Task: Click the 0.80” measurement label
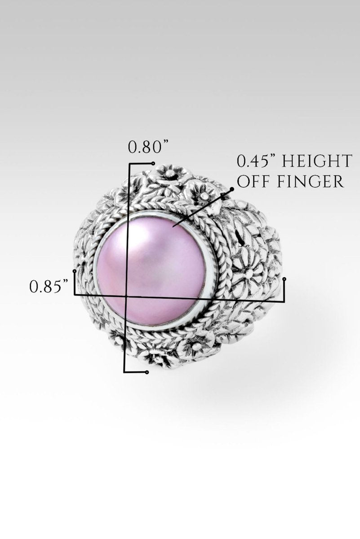148,147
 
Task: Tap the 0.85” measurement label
49,286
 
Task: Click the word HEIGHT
317,161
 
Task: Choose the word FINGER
314,181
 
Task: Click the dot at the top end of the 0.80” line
153,163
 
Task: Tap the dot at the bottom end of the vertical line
147,372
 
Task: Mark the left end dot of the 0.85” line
75,271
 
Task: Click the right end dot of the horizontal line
284,279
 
